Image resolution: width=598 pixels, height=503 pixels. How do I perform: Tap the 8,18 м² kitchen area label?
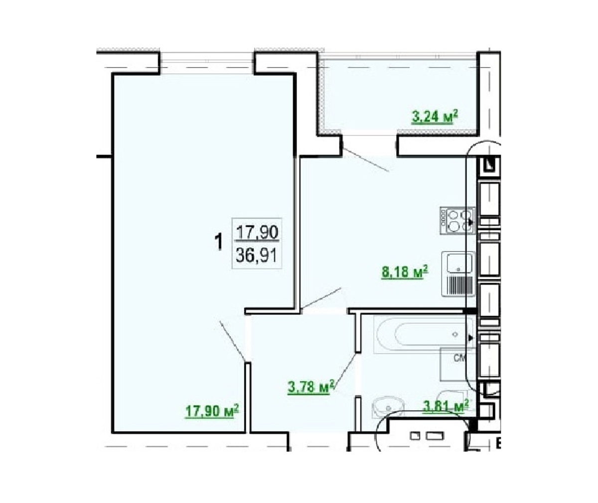tap(405, 272)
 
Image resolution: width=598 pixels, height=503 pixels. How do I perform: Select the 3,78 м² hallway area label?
tap(311, 387)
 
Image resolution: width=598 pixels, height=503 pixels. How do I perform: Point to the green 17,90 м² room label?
tap(212, 411)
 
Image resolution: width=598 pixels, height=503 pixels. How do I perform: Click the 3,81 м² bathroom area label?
tap(446, 406)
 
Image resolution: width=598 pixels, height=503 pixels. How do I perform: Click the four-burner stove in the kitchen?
tap(457, 220)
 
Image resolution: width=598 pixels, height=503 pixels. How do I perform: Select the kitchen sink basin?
tap(459, 263)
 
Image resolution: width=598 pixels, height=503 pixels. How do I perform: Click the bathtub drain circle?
tap(455, 334)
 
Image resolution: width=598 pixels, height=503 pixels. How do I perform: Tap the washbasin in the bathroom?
tap(388, 408)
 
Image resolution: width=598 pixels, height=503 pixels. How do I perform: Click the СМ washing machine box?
tap(457, 364)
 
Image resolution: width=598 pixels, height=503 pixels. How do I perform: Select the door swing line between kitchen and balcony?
tap(366, 160)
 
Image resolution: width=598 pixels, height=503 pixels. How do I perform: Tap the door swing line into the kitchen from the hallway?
tap(321, 299)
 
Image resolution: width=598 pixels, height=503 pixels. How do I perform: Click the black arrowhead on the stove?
tap(470, 221)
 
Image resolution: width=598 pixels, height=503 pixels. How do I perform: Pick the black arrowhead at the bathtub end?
tap(470, 338)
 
